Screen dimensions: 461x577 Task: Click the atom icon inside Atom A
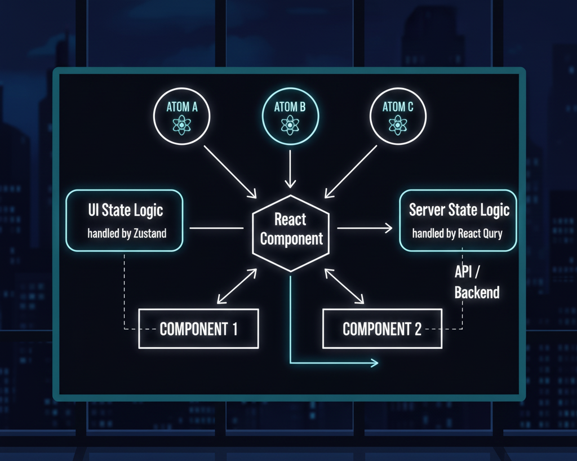181,125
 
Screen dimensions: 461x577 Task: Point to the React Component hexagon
291,233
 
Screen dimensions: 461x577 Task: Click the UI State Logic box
125,220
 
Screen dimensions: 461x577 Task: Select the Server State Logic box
458,220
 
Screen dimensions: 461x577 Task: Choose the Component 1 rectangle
198,329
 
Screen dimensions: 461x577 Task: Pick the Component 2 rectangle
381,329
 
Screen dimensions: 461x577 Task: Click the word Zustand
149,233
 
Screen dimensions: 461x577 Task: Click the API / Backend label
476,282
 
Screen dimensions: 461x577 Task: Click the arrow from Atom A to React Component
230,171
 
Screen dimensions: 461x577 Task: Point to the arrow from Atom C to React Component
350,171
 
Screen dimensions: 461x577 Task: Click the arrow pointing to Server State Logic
364,228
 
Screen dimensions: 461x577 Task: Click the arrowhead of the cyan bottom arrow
374,362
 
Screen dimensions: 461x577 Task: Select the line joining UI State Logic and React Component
216,228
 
